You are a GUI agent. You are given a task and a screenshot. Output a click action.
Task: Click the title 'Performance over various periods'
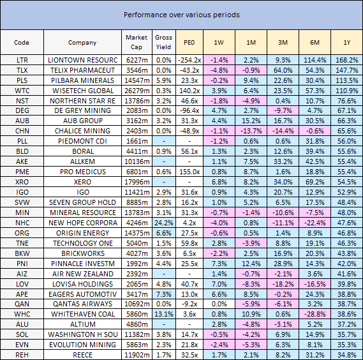point(181,15)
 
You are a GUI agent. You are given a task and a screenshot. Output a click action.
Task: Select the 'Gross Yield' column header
point(163,42)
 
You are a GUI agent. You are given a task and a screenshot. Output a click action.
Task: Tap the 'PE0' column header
point(189,42)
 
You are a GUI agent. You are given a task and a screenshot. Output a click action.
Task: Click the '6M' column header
point(315,42)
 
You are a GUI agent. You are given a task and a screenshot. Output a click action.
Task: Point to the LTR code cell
point(22,60)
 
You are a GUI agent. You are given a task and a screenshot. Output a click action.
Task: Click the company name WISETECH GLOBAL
point(83,91)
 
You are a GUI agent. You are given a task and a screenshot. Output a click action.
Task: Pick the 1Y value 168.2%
point(346,60)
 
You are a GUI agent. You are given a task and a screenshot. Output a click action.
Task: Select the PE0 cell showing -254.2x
point(189,60)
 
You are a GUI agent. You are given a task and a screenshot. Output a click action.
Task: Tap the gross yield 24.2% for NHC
point(164,223)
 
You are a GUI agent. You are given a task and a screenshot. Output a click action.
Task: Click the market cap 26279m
point(137,91)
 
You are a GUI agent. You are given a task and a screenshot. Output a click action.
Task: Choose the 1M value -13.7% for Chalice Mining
point(251,131)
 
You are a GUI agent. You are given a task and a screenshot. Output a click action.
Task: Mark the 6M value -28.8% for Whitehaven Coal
point(315,314)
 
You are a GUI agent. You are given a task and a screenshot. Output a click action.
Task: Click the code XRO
point(22,182)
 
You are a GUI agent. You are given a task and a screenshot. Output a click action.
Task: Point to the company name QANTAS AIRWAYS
point(83,304)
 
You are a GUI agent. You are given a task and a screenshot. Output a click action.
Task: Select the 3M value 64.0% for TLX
point(283,70)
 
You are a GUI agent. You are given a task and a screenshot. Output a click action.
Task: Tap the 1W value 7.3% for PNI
point(219,264)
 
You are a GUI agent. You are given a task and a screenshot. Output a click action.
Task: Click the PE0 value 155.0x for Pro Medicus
point(189,172)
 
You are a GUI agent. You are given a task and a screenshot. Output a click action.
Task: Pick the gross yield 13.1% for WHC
point(164,314)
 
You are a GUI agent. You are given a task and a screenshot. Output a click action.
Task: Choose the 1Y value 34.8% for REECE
point(346,355)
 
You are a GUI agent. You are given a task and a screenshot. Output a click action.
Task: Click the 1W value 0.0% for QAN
point(219,304)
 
